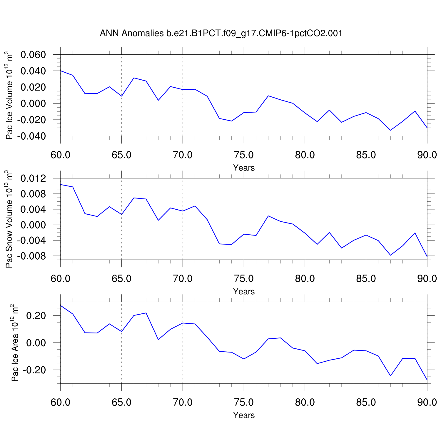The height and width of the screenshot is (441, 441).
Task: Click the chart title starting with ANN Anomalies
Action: [x=221, y=33]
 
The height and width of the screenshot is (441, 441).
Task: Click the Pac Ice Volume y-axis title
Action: [x=9, y=96]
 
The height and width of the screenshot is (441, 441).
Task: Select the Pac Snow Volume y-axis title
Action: [x=9, y=219]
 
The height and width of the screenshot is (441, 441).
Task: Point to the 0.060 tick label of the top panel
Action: [x=33, y=55]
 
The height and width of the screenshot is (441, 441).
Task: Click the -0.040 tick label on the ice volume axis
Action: [x=31, y=136]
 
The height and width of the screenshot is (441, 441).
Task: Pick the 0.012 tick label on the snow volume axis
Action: [x=33, y=178]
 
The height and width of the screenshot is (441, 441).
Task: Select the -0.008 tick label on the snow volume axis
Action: [x=31, y=256]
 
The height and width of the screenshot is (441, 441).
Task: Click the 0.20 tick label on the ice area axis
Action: [x=36, y=316]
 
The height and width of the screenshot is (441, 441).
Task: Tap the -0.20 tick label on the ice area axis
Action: [x=34, y=370]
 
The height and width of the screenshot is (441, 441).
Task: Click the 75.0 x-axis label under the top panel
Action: [x=244, y=155]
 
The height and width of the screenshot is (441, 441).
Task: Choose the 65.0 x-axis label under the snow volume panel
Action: [x=121, y=278]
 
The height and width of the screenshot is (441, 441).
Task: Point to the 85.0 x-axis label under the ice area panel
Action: [x=366, y=402]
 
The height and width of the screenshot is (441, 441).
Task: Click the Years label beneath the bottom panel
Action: [x=244, y=415]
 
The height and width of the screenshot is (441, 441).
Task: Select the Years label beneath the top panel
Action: [x=244, y=168]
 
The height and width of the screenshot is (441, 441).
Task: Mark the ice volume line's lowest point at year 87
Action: [x=390, y=130]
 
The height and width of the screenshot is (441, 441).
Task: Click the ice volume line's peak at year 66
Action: [x=134, y=78]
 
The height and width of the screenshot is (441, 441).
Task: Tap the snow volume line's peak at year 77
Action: [x=268, y=216]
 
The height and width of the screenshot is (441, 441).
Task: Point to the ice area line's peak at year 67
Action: [x=146, y=313]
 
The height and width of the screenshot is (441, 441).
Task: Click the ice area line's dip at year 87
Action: [x=390, y=376]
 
